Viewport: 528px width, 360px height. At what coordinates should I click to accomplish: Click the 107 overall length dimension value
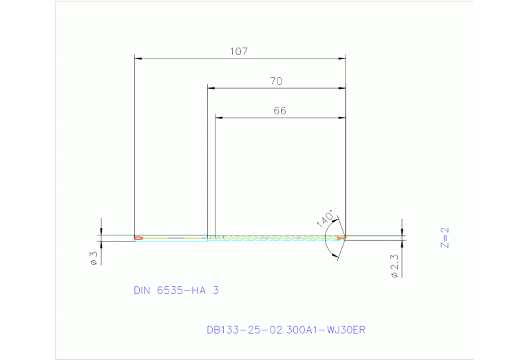239,52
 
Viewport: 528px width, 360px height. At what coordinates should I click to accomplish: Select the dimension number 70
276,81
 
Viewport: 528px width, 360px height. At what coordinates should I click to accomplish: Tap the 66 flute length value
279,111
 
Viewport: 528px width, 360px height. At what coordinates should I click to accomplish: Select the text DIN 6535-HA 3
176,291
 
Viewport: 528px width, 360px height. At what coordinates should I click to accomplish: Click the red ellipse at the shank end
138,238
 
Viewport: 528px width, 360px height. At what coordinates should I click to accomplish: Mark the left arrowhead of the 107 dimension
137,59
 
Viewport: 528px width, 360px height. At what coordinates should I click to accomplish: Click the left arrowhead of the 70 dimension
211,89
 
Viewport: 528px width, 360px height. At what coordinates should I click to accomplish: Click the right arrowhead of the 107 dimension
342,59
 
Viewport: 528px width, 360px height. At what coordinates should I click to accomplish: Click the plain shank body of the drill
172,238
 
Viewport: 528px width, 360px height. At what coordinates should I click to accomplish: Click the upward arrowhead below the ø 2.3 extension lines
402,243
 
